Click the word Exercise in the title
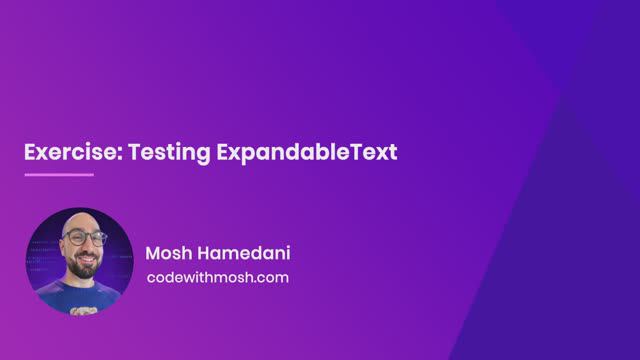tap(65, 153)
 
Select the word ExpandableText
tap(307, 153)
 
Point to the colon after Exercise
tap(108, 155)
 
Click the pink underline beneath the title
tap(58, 175)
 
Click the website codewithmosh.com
tap(217, 277)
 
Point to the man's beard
tap(83, 267)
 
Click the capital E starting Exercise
tap(30, 153)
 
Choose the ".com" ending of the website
tap(271, 277)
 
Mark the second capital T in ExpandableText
tap(366, 153)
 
